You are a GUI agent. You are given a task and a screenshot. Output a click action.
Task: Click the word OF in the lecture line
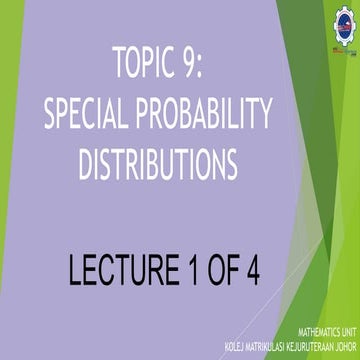tap(222, 271)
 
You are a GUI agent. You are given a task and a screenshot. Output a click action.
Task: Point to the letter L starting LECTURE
tap(77, 271)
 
